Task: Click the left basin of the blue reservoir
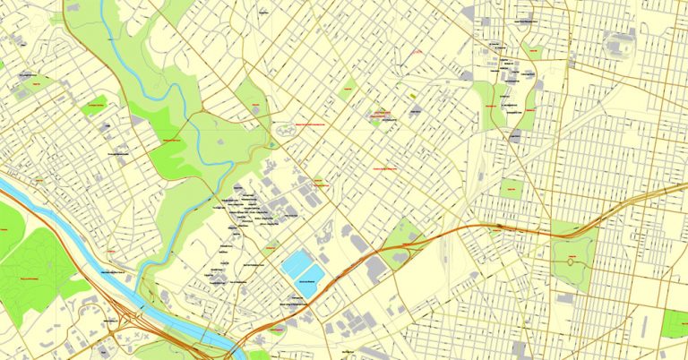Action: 295,264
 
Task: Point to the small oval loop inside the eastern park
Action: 571,261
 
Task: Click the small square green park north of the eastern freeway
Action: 512,189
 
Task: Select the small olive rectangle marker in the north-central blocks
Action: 413,94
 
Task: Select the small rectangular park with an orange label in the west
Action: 94,107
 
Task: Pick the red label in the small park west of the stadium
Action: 535,52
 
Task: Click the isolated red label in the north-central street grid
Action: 414,54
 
